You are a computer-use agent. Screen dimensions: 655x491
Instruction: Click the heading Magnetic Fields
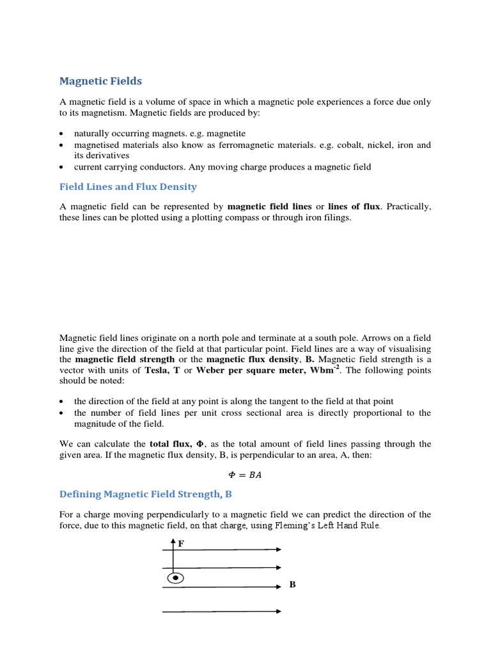click(100, 81)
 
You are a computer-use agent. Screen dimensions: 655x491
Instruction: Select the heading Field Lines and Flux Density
click(128, 187)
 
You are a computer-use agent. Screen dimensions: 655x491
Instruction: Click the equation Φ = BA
click(245, 475)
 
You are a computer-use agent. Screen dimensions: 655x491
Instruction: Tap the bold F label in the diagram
click(181, 544)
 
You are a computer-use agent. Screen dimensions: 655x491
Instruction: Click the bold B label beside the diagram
click(292, 585)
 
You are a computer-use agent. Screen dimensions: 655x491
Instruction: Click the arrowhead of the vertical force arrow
click(173, 542)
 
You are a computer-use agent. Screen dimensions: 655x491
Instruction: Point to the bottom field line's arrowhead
click(277, 612)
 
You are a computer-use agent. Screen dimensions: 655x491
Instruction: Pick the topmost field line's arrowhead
click(277, 549)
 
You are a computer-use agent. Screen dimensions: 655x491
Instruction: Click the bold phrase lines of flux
click(354, 207)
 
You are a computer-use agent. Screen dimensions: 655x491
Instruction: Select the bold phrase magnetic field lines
click(270, 207)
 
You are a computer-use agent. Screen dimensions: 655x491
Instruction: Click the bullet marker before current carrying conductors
click(61, 168)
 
